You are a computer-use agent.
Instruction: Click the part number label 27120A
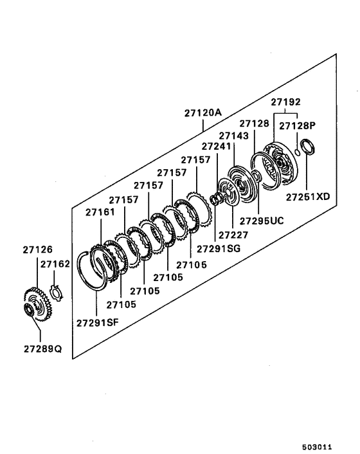tap(203, 113)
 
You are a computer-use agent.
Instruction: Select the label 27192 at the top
tap(285, 102)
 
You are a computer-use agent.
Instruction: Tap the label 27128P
tap(297, 125)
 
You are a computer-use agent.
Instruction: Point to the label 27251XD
tap(308, 197)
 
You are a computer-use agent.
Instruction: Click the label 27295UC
tap(262, 221)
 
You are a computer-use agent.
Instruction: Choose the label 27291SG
tap(219, 248)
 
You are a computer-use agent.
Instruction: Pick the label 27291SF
tap(98, 323)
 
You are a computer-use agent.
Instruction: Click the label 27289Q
tap(43, 349)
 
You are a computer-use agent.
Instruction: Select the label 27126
tap(38, 250)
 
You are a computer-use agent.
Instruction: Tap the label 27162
tap(55, 264)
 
